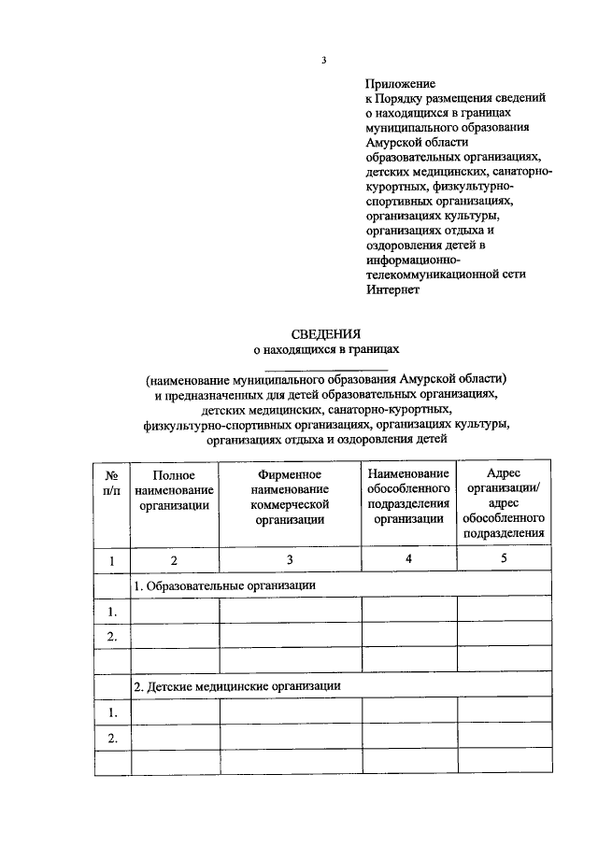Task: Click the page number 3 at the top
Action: (323, 61)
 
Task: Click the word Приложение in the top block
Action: (401, 83)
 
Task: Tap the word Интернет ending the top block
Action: (393, 289)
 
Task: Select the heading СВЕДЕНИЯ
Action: (325, 334)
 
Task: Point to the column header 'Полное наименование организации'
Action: (175, 490)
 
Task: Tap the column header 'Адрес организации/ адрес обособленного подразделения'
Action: (504, 504)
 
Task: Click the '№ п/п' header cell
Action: (111, 483)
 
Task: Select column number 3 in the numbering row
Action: (290, 560)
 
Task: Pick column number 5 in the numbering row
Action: (504, 559)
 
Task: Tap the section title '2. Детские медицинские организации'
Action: (235, 686)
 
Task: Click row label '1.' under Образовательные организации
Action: (111, 612)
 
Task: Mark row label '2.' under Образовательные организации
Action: (111, 637)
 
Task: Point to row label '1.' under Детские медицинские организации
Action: (111, 712)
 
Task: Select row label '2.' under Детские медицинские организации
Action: (111, 738)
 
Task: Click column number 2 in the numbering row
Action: (174, 560)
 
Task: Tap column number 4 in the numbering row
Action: (409, 559)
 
